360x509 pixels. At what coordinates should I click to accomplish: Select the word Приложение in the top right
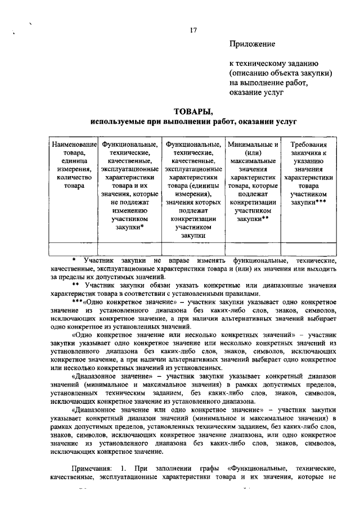click(x=252, y=43)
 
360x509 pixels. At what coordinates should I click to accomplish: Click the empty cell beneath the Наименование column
click(x=74, y=249)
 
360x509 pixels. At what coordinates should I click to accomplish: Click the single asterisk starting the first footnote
click(x=74, y=261)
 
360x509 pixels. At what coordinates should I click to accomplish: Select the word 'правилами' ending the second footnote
click(x=244, y=294)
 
